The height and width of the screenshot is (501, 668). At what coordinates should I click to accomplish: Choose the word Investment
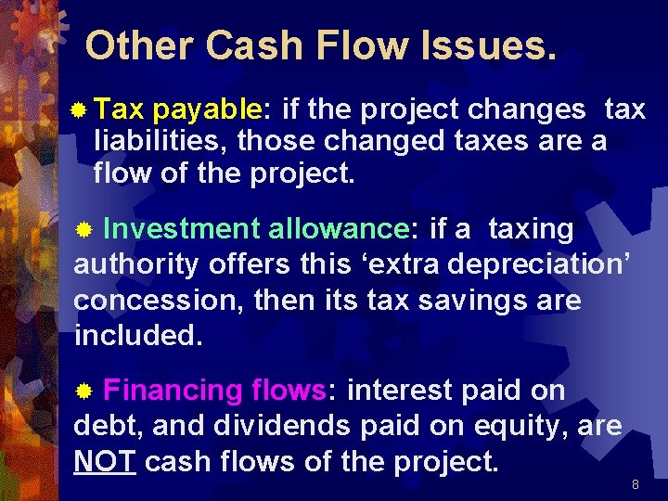[x=182, y=228]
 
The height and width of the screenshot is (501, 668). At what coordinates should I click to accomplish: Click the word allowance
[x=339, y=228]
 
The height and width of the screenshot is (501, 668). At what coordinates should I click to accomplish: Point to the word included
[x=137, y=334]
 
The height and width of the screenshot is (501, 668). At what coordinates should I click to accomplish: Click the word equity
[x=533, y=426]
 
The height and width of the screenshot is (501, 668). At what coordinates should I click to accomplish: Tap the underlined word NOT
[x=105, y=461]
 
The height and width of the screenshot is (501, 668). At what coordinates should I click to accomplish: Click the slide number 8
[x=635, y=484]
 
